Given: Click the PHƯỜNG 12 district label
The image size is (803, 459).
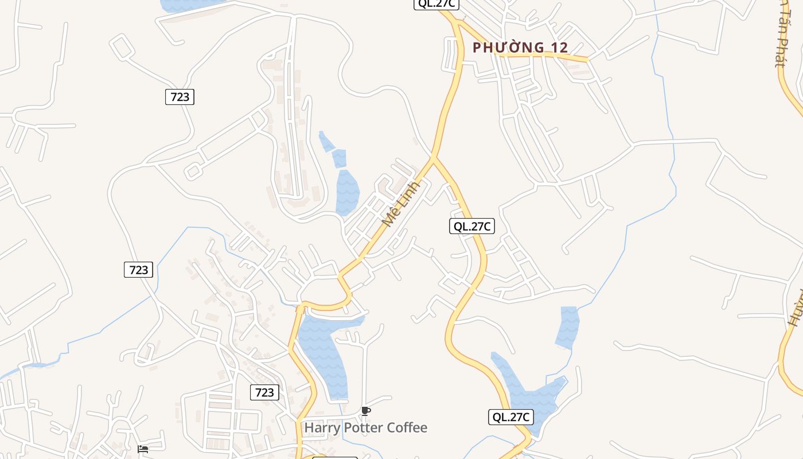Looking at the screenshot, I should (520, 48).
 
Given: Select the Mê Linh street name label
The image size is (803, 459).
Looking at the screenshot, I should (401, 203).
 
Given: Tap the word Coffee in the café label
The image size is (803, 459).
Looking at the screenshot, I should (407, 427).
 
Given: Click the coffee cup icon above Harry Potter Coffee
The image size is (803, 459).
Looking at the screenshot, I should (365, 411).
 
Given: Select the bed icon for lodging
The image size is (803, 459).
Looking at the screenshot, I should (143, 449).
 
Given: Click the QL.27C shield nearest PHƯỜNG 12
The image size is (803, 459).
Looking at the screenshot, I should (436, 3).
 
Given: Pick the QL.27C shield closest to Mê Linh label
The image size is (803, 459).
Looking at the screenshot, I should (471, 226).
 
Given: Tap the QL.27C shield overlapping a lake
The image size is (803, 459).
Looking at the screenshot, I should (510, 417).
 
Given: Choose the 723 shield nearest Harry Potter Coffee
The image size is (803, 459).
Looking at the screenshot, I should (264, 392).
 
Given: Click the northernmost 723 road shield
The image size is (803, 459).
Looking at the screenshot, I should (180, 97).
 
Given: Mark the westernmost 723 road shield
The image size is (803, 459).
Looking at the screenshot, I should (138, 270).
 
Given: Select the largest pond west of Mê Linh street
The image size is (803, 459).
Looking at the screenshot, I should (346, 192).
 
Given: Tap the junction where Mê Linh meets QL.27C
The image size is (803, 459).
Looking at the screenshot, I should (433, 157).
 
